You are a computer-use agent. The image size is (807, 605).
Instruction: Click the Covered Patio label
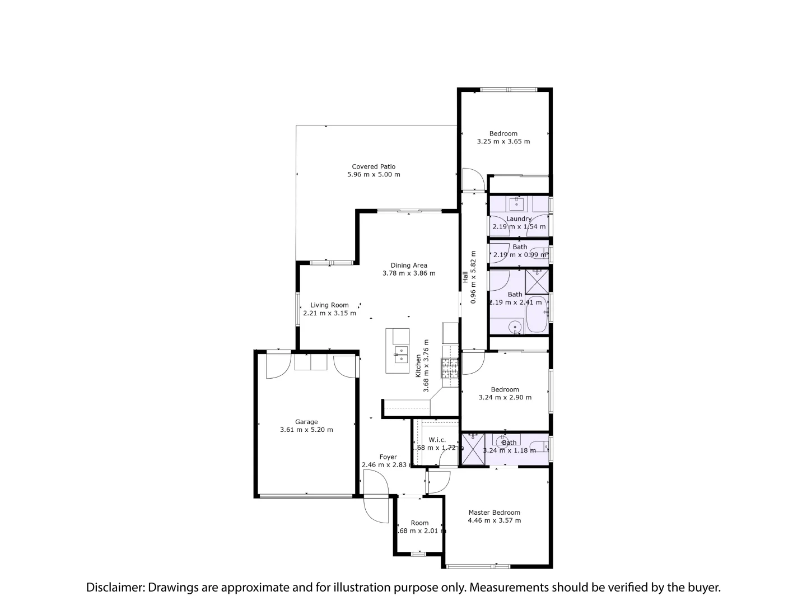pyautogui.click(x=374, y=166)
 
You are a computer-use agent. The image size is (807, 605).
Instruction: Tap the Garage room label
pyautogui.click(x=306, y=422)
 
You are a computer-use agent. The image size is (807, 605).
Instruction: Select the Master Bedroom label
pyautogui.click(x=494, y=512)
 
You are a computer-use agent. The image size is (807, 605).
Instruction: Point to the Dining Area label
pyautogui.click(x=409, y=266)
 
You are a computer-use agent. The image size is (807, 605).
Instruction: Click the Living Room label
pyautogui.click(x=329, y=305)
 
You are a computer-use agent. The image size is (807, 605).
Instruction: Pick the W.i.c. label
pyautogui.click(x=437, y=440)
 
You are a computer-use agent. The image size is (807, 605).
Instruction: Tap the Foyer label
pyautogui.click(x=388, y=457)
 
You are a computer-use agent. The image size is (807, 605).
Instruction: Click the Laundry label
pyautogui.click(x=519, y=218)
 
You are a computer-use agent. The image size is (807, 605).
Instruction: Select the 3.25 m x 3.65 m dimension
pyautogui.click(x=503, y=142)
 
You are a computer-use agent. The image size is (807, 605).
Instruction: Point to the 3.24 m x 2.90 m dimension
pyautogui.click(x=505, y=398)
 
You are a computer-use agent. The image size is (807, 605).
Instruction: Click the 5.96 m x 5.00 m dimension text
pyautogui.click(x=374, y=175)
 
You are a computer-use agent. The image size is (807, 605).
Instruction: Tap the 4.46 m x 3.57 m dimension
pyautogui.click(x=494, y=520)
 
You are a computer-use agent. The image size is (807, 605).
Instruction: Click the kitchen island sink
pyautogui.click(x=400, y=352)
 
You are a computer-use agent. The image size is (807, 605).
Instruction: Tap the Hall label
pyautogui.click(x=465, y=277)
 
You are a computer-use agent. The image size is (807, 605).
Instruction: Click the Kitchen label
pyautogui.click(x=418, y=365)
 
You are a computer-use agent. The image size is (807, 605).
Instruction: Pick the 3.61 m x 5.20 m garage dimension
pyautogui.click(x=306, y=430)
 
